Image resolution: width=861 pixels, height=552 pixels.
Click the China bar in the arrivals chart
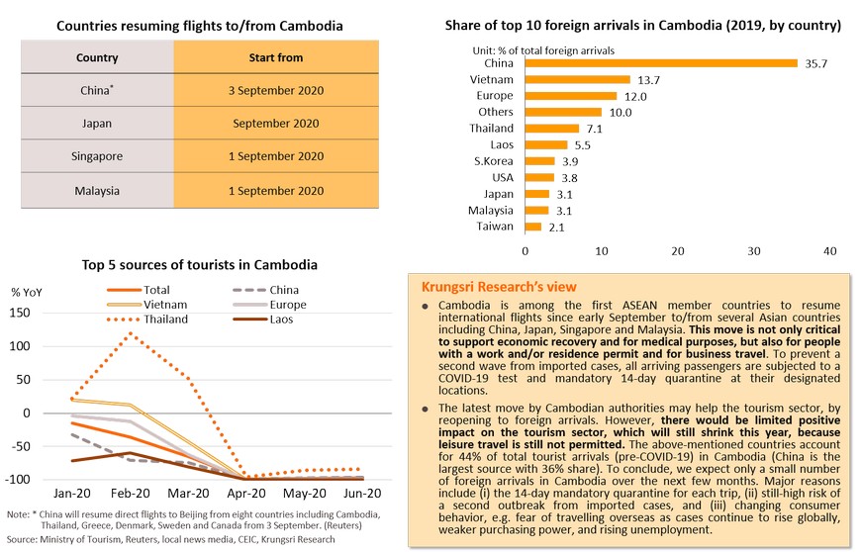tap(660, 63)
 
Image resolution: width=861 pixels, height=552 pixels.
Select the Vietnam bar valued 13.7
tap(577, 79)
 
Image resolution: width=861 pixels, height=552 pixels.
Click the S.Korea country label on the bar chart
tap(494, 161)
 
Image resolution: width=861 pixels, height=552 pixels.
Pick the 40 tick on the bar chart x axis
tap(829, 251)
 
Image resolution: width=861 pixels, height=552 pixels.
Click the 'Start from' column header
tap(275, 57)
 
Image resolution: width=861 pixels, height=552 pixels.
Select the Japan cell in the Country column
tap(97, 124)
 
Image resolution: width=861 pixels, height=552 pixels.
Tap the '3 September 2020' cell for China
tap(275, 90)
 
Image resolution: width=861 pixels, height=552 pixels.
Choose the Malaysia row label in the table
tap(97, 190)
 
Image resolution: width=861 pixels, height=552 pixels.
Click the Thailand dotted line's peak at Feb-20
tap(129, 333)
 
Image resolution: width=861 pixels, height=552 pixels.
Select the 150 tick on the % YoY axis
tap(20, 314)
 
